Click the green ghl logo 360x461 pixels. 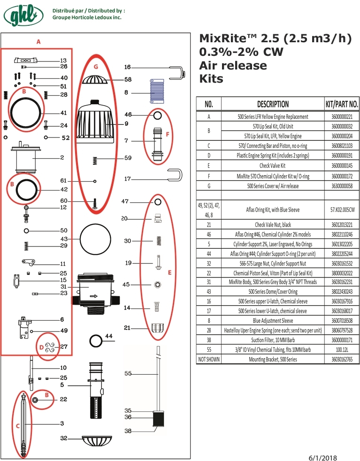click(23, 15)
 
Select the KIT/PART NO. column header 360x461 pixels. click(342, 104)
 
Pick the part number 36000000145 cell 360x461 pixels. click(342, 165)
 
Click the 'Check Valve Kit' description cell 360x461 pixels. click(272, 165)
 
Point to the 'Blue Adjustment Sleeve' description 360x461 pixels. click(272, 321)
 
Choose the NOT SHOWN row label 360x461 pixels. click(208, 359)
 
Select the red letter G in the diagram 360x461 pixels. click(96, 67)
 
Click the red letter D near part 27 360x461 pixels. click(42, 348)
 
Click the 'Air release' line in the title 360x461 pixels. click(233, 65)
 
